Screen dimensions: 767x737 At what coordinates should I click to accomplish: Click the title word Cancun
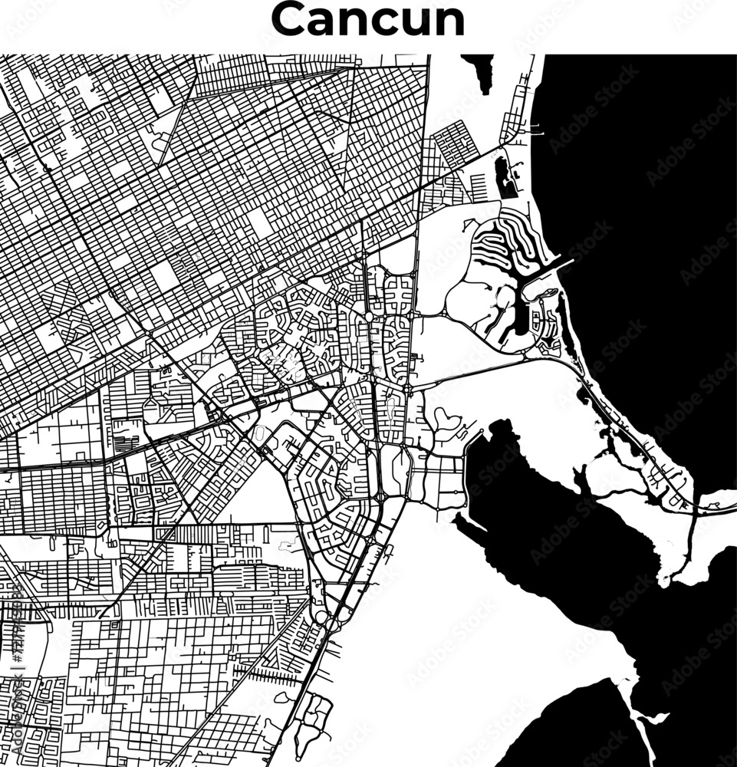pyautogui.click(x=368, y=21)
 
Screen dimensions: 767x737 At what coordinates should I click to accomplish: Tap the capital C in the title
pyautogui.click(x=289, y=21)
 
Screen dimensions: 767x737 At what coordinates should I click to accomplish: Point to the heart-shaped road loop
pyautogui.click(x=446, y=419)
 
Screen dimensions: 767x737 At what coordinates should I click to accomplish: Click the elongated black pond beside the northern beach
pyautogui.click(x=505, y=177)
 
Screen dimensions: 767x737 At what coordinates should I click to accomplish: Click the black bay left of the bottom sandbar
pyautogui.click(x=568, y=729)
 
